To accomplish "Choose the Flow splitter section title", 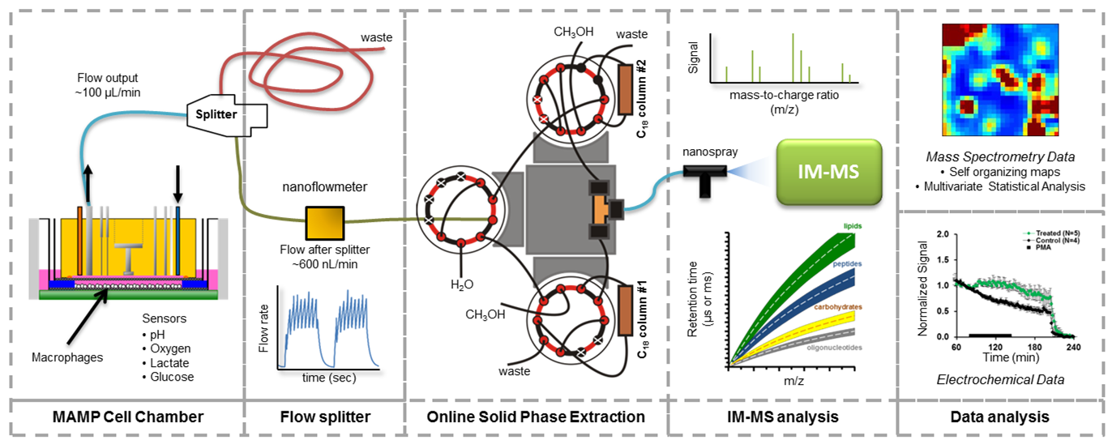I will tap(324, 417).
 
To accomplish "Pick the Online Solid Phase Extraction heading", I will tap(537, 417).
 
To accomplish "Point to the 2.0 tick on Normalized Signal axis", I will tap(944, 234).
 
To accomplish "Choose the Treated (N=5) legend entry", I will tap(1054, 233).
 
